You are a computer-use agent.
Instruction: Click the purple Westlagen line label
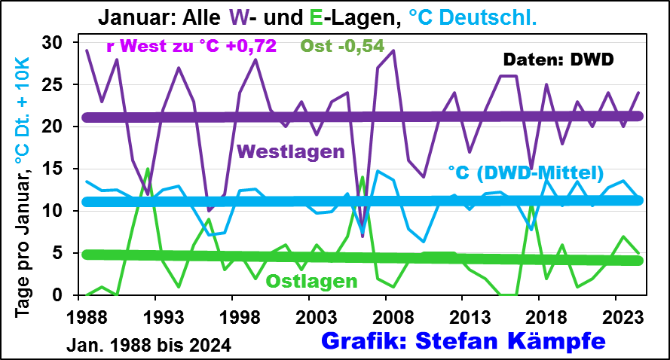pos(290,150)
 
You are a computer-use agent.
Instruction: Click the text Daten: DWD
pos(558,58)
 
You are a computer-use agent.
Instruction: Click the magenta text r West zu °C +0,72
pos(191,46)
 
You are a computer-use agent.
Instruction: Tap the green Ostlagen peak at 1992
pos(148,169)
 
